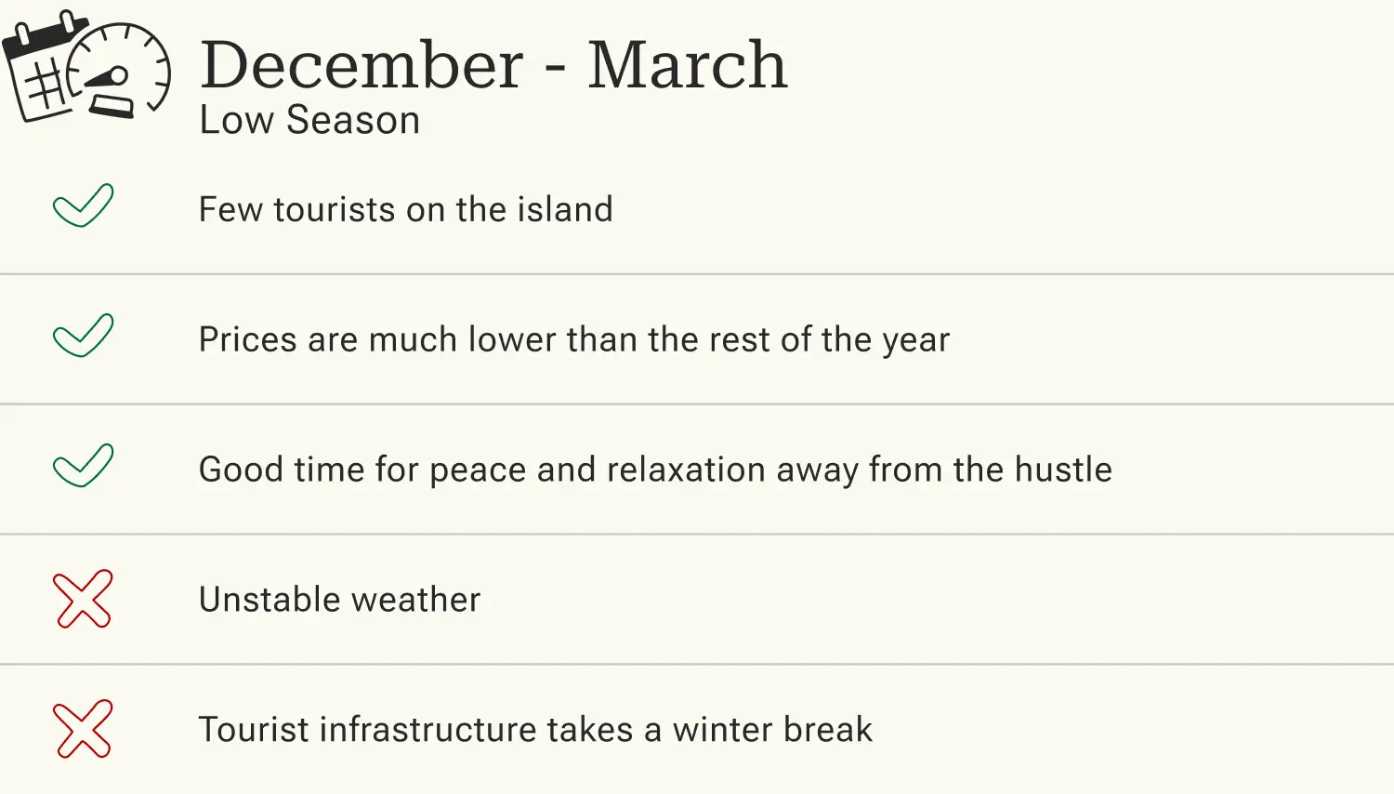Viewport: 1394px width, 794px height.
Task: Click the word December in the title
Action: (362, 65)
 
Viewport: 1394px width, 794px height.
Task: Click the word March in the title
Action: (687, 65)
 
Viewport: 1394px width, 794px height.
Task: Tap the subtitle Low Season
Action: (309, 120)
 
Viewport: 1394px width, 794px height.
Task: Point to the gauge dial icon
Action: (121, 71)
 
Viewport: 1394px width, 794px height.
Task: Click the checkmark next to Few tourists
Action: (83, 205)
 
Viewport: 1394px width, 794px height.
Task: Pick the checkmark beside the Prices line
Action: (83, 336)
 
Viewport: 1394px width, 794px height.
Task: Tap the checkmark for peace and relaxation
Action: (83, 466)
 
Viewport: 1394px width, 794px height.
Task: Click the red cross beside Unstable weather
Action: (83, 599)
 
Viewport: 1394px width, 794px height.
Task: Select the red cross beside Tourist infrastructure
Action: (83, 729)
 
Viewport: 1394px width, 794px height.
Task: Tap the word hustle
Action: (1062, 470)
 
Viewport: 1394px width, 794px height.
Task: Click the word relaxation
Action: (686, 470)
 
